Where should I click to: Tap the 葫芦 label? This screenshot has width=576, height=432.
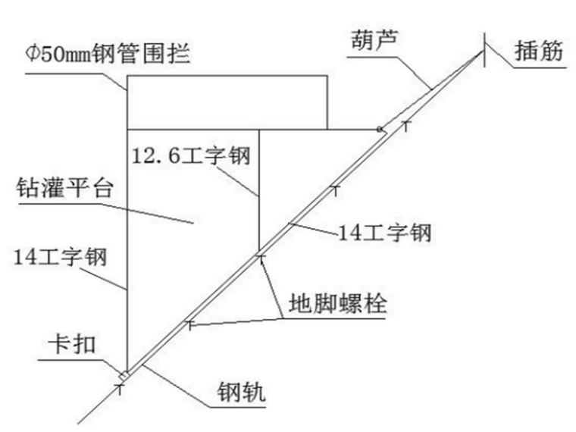[x=374, y=39]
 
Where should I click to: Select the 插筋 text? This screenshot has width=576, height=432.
[x=539, y=50]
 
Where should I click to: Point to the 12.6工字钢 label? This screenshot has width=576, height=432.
[x=191, y=155]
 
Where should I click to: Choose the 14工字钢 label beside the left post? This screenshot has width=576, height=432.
[x=60, y=256]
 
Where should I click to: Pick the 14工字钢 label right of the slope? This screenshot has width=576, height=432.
[x=384, y=232]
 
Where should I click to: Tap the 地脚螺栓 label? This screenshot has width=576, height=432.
[x=337, y=303]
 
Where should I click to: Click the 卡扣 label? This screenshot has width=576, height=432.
[x=72, y=346]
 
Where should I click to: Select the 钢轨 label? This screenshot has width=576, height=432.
[x=241, y=393]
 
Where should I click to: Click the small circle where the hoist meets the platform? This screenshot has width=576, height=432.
[x=379, y=129]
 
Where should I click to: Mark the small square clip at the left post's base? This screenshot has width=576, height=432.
[x=124, y=375]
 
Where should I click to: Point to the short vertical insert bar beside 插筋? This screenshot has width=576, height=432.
[x=484, y=50]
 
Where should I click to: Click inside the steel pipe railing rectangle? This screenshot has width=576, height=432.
[x=227, y=102]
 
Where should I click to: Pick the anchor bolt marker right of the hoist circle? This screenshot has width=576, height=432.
[x=406, y=125]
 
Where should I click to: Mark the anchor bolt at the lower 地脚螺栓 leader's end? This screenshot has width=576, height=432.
[x=189, y=324]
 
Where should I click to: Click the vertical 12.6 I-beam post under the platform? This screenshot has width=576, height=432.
[x=259, y=190]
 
